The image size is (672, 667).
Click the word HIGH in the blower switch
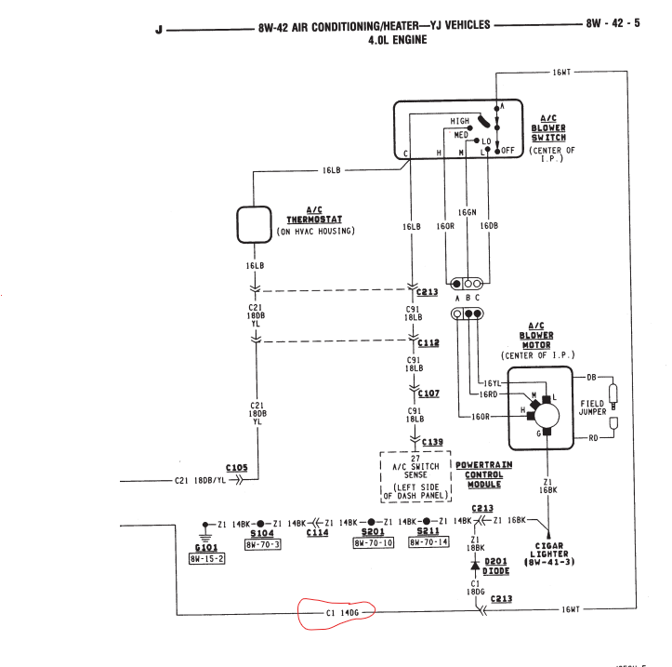point(460,121)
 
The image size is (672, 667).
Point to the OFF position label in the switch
point(507,150)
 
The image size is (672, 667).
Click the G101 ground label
point(206,548)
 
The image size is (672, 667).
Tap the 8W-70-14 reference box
point(428,542)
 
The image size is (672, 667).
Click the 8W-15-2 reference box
point(206,559)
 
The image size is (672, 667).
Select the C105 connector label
point(236,467)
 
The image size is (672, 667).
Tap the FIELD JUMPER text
point(592,409)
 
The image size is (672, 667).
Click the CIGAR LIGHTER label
point(550,554)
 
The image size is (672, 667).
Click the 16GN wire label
point(467,212)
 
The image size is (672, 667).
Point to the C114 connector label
point(317,534)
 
